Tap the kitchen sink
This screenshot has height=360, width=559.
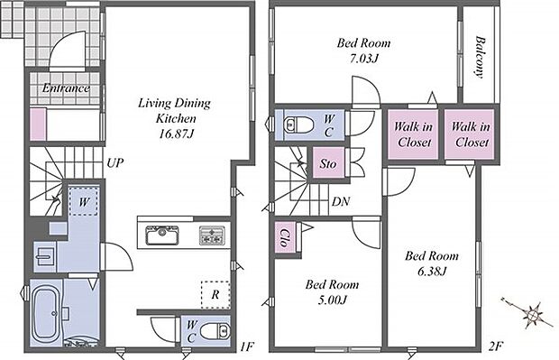click(162, 235)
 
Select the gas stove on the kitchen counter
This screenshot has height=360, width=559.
click(212, 235)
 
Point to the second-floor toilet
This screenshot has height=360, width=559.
click(298, 125)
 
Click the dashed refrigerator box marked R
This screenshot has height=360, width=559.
click(215, 295)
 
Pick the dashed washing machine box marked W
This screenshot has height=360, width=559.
click(83, 201)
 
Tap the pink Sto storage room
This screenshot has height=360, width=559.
click(328, 163)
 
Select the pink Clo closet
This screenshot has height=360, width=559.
click(285, 237)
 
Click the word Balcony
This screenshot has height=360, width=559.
click(481, 57)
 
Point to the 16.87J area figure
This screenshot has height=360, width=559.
click(177, 134)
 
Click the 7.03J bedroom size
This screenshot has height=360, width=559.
click(363, 58)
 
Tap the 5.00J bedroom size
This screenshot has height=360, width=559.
click(333, 300)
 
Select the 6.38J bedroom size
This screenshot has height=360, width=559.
click(432, 272)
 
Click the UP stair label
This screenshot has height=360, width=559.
click(115, 163)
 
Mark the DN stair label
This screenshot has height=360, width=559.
click(341, 201)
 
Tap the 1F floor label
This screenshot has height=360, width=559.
click(246, 346)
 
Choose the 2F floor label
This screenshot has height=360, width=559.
click(495, 346)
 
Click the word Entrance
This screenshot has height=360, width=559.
click(66, 88)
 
